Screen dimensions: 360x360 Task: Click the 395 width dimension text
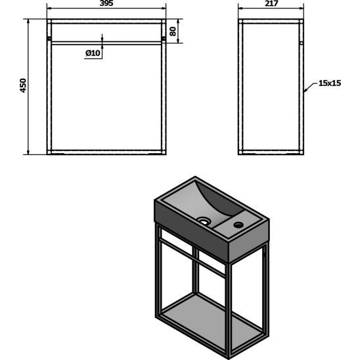tap(106, 5)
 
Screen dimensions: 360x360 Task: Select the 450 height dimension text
tap(23, 86)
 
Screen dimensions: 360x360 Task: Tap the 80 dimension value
tap(173, 32)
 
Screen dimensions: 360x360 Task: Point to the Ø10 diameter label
tap(93, 54)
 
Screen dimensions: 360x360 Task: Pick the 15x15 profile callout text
tap(330, 83)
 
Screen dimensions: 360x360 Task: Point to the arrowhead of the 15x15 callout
tap(307, 87)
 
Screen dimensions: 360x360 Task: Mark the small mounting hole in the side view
tap(301, 41)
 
